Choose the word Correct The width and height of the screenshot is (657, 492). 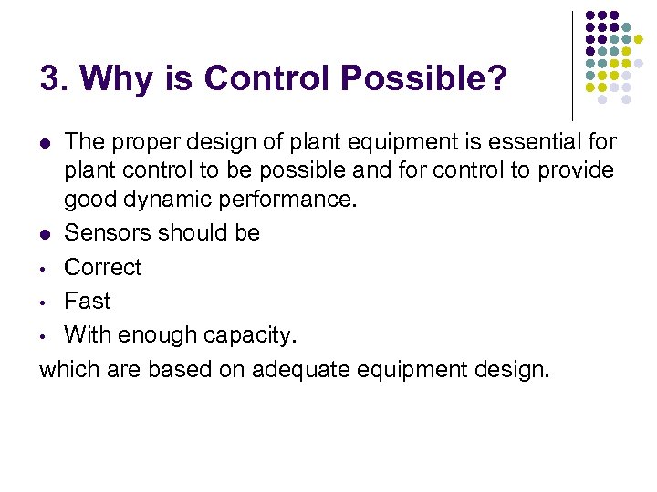point(103,268)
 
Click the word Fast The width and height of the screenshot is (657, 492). point(87,302)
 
